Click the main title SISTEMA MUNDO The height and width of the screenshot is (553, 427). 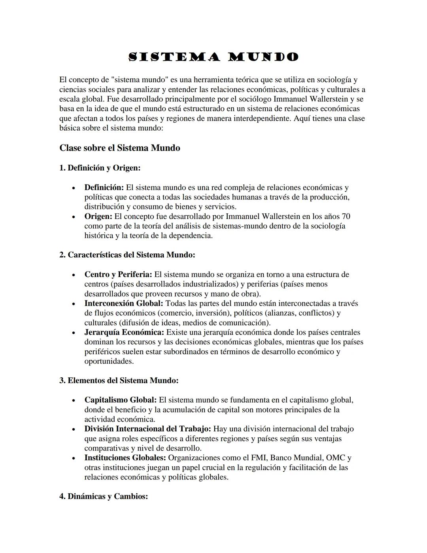point(213,57)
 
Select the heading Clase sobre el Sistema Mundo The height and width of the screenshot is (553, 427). point(119,148)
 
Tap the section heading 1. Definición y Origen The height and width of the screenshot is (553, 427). point(100,168)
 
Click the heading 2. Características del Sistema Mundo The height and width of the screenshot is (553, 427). point(127,255)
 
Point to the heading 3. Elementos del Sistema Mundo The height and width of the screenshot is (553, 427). point(119,381)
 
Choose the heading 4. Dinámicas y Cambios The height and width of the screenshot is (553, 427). point(104,496)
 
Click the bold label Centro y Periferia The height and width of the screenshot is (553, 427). point(118,275)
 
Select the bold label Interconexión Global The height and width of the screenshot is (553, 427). point(123,304)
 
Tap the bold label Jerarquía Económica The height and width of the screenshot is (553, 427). point(124,333)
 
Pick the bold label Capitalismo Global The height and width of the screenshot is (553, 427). point(120,400)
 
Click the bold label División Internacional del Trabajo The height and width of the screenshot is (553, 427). point(147,429)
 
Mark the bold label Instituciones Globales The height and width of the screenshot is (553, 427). point(125,458)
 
